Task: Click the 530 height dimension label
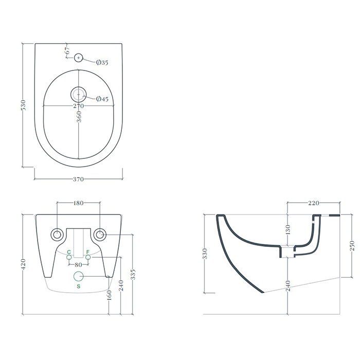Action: [x=24, y=105]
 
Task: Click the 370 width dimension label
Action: [x=78, y=179]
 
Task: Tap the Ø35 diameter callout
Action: [x=102, y=62]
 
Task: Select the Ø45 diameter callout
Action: [x=102, y=99]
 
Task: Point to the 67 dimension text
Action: [x=67, y=50]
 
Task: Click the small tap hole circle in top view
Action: [x=79, y=58]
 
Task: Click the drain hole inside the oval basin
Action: [x=79, y=95]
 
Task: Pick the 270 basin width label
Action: [x=79, y=106]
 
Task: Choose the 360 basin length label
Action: [x=79, y=117]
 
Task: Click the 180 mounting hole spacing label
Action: [x=78, y=203]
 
